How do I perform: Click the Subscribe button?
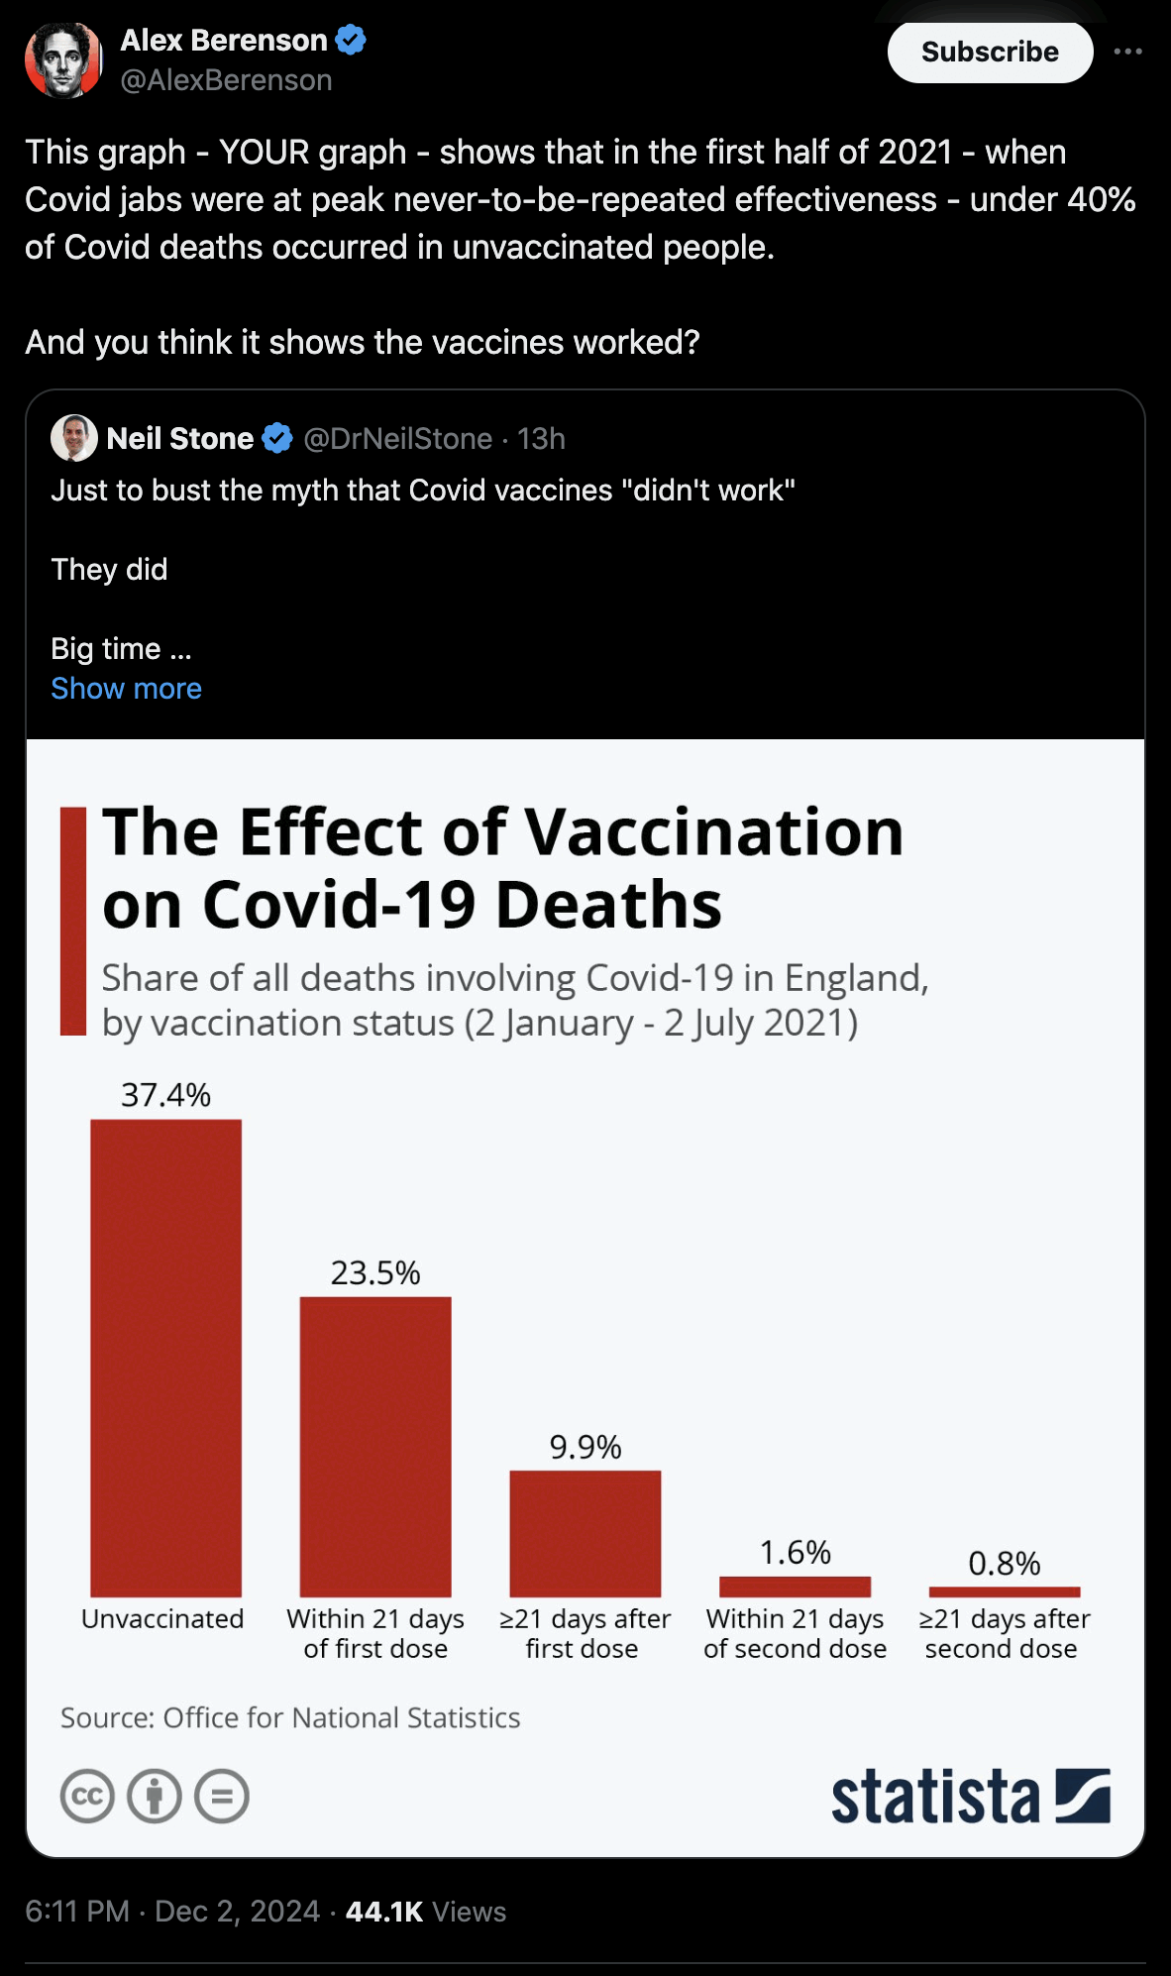pos(990,52)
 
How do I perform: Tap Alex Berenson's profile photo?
pos(63,60)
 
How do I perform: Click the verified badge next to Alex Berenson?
pos(351,40)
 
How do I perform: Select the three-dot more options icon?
pos(1127,52)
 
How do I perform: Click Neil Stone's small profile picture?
pos(74,438)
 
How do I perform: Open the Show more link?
pos(126,689)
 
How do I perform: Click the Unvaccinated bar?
pos(165,1358)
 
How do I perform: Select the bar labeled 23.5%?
pos(375,1446)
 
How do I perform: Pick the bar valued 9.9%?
pos(585,1533)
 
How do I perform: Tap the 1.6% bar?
pos(795,1586)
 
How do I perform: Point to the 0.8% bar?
pos(1005,1592)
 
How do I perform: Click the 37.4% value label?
pos(165,1095)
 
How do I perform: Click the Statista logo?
pos(970,1796)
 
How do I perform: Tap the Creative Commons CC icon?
pos(87,1796)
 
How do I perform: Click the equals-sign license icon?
pos(221,1796)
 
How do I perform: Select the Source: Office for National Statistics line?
pos(290,1717)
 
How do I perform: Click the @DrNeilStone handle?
pos(397,438)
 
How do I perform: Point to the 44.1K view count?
pos(384,1911)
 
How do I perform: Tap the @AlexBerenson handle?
pos(226,80)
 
